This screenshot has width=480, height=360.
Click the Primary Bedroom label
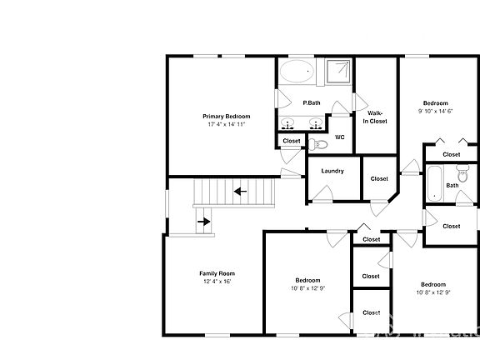click(226, 117)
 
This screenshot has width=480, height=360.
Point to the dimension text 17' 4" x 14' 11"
click(226, 125)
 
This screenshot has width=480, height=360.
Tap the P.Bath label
click(312, 102)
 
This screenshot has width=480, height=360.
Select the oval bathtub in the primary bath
click(296, 72)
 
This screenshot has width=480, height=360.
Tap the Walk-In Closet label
click(375, 117)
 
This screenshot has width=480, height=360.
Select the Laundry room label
click(332, 172)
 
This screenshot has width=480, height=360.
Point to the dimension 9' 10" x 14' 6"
click(435, 111)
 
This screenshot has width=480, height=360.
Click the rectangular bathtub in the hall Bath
click(434, 183)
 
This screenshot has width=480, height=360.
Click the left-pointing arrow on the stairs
click(240, 192)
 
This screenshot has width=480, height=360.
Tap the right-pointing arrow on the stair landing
click(203, 222)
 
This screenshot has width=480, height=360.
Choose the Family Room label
click(217, 273)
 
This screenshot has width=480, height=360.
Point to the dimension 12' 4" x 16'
click(217, 282)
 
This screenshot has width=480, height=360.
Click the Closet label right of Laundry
click(379, 178)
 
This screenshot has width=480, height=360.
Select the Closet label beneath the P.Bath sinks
click(291, 141)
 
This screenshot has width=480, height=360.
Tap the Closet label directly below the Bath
click(452, 226)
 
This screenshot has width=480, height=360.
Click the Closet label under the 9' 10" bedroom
click(452, 154)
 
